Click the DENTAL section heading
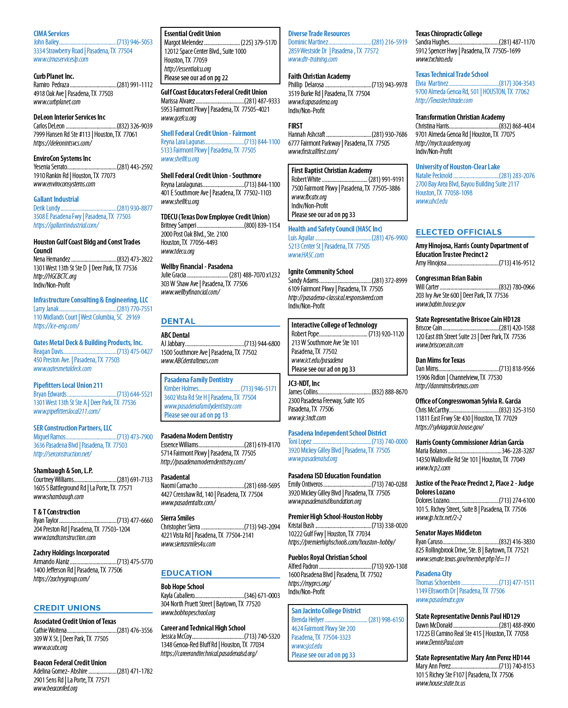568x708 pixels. point(178,321)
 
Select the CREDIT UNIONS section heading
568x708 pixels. point(67,608)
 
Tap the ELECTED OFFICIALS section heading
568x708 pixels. point(459,232)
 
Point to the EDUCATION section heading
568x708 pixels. point(186,573)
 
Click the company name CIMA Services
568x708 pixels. point(52,33)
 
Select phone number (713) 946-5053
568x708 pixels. point(135,42)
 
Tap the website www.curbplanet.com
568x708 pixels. point(57,102)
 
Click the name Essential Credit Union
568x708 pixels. point(193,33)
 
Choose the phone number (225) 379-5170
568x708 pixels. point(258,42)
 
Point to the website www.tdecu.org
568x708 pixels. point(178,251)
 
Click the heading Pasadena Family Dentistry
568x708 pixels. point(199,380)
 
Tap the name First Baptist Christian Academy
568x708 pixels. point(332,170)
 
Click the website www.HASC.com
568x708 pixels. point(306,255)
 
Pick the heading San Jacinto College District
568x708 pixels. point(326,611)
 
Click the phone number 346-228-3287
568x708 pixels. point(518,451)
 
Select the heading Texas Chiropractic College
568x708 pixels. point(449,33)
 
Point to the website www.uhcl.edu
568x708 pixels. point(432,201)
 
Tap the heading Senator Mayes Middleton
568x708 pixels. point(448,533)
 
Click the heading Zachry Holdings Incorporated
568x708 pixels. point(71,553)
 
